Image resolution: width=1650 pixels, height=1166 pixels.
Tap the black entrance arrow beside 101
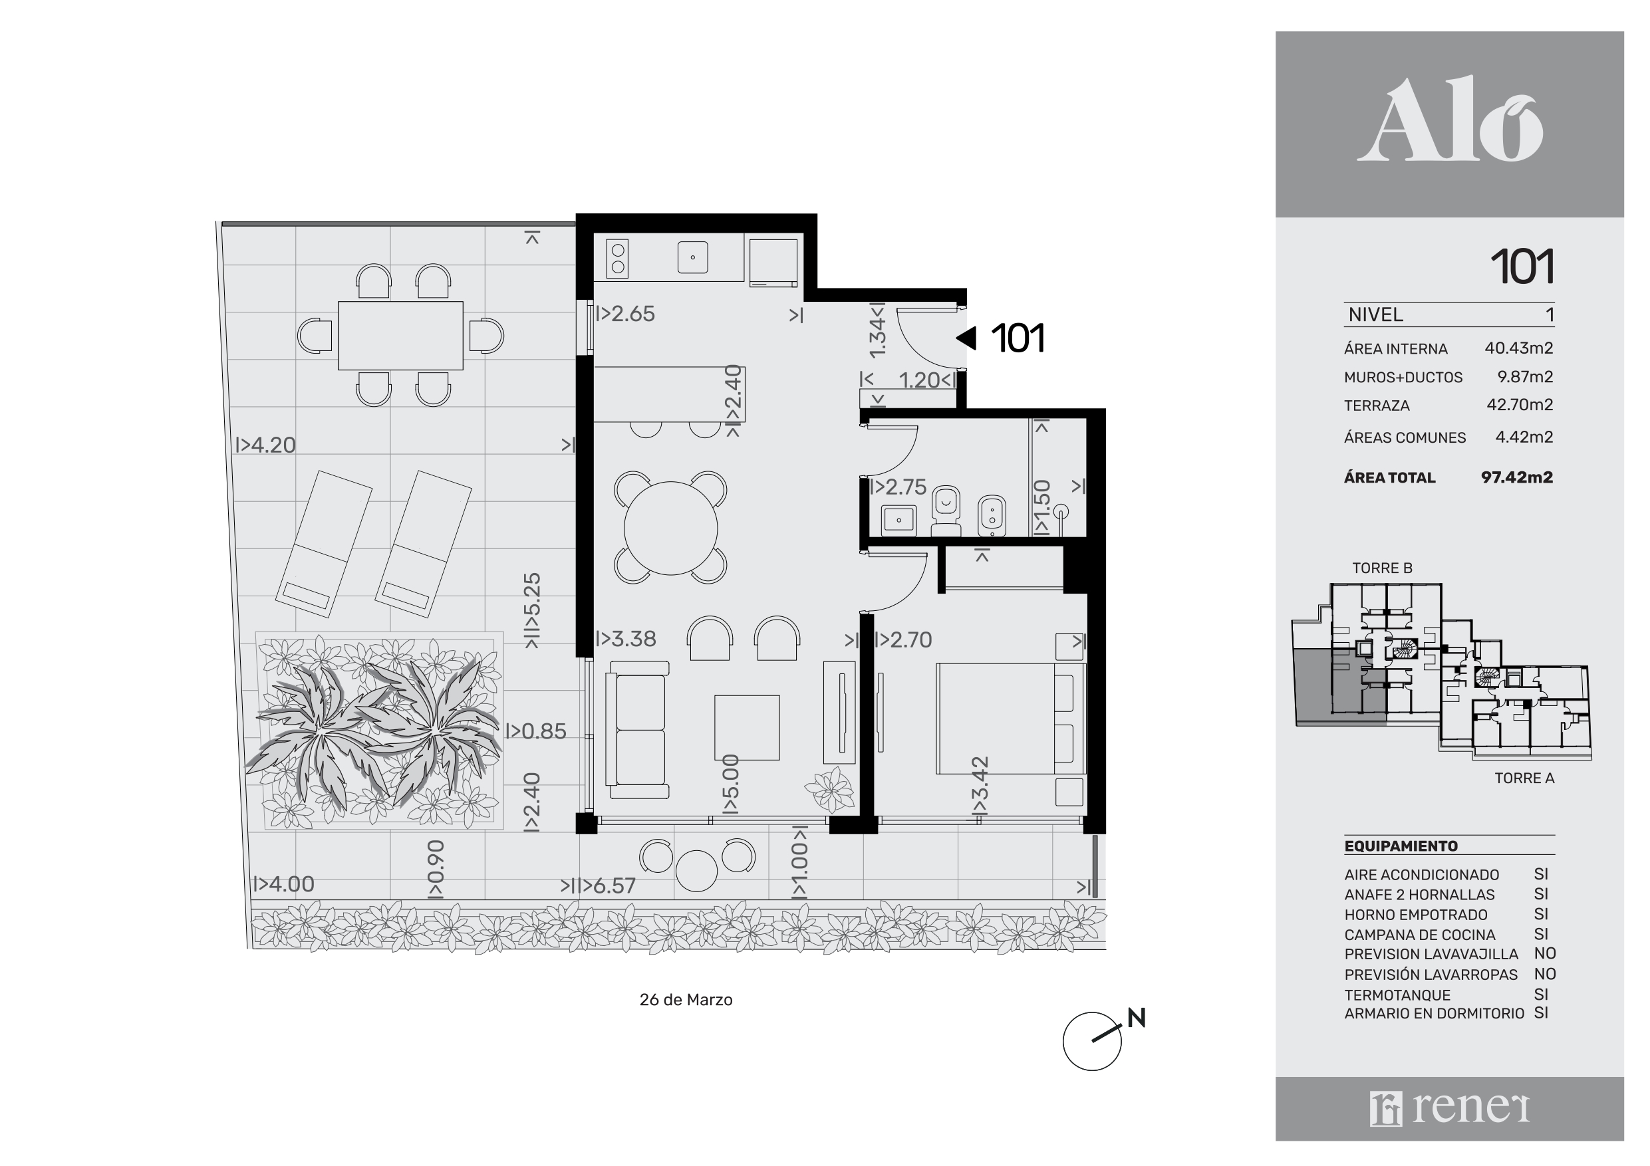[966, 338]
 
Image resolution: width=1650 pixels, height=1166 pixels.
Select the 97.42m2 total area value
[1516, 478]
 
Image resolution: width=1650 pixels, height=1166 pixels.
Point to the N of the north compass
[1136, 1018]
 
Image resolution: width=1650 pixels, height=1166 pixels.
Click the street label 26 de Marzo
[686, 1000]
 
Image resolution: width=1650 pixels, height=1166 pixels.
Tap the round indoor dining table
[670, 528]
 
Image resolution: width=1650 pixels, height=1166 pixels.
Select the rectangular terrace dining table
[400, 336]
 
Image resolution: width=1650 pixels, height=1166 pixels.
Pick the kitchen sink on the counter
[693, 257]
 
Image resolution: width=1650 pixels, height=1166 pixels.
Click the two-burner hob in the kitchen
[617, 258]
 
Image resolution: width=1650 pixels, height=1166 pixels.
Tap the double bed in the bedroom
[1010, 719]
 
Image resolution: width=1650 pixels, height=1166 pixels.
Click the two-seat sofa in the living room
[637, 730]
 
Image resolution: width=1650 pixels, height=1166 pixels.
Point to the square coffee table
[747, 728]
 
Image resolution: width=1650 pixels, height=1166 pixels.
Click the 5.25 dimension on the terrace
[531, 611]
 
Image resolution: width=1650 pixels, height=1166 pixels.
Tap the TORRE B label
[1382, 568]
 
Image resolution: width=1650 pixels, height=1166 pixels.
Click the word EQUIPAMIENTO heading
[1401, 846]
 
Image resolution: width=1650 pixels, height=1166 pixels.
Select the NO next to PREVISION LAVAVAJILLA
[1544, 954]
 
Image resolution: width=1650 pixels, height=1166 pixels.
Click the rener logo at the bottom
[1450, 1109]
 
